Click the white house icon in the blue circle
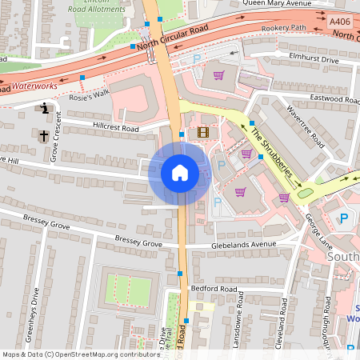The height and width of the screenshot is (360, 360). point(179,173)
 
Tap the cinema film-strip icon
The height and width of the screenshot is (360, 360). point(203,132)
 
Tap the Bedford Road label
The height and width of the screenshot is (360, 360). point(214,288)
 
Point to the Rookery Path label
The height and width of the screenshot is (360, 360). point(284,29)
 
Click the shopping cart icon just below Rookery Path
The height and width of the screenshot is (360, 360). point(218,76)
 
